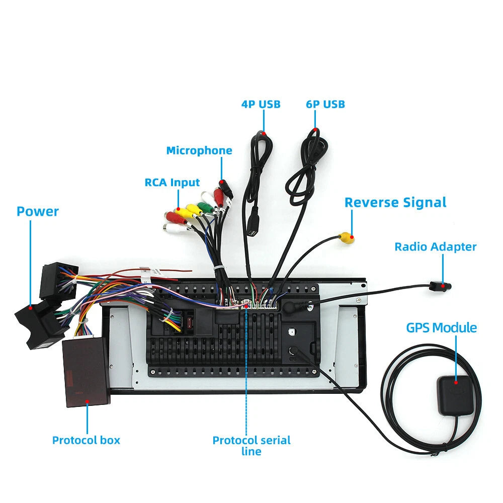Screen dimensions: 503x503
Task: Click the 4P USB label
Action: coord(261,104)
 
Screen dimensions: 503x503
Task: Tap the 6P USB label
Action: coord(325,104)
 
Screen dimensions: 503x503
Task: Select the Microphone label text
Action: coord(199,150)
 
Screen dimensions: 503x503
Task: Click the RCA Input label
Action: coord(172,183)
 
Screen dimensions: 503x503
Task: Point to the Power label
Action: coord(38,211)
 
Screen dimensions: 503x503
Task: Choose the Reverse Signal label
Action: coord(395,203)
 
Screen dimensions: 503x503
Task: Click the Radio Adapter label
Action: coord(435,246)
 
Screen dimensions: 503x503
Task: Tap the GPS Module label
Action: coord(442,328)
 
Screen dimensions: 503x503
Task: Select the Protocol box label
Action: coord(86,440)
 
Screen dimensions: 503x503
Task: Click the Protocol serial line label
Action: coord(251,446)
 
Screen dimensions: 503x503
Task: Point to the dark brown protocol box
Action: coord(87,372)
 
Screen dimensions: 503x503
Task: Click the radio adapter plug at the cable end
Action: coord(440,286)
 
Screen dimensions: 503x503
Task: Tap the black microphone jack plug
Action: coord(226,189)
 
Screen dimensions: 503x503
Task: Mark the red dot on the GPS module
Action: coord(456,382)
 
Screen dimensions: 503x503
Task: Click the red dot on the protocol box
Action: coord(87,401)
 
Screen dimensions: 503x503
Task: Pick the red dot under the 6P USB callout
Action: coord(315,130)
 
